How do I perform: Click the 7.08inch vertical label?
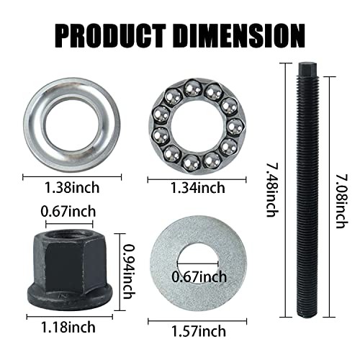coord(343,189)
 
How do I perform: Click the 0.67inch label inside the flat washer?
coord(199,276)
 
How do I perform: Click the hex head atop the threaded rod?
coord(304,71)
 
